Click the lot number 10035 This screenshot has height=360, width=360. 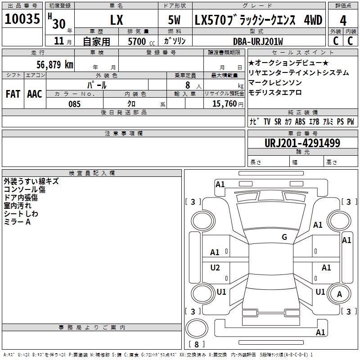(x=22, y=18)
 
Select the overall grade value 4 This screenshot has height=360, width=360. (x=343, y=20)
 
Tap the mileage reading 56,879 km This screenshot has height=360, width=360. (x=55, y=65)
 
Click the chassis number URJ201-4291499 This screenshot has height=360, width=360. (x=302, y=143)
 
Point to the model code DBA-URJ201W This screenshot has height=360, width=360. (x=258, y=41)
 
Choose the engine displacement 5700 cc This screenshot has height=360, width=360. (x=141, y=41)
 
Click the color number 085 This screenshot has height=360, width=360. (x=74, y=104)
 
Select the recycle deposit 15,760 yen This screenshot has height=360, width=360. (x=228, y=104)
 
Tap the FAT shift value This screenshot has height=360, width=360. (x=13, y=94)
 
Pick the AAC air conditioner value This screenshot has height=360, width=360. (x=35, y=94)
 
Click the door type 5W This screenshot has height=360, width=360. (x=174, y=20)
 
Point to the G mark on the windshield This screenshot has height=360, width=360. (x=284, y=237)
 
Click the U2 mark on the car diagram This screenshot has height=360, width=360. (x=215, y=267)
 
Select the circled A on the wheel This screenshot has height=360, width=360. (x=339, y=294)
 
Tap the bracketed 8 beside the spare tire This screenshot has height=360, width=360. (x=197, y=344)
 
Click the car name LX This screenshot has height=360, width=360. (x=117, y=20)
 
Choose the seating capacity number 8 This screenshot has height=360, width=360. (x=188, y=85)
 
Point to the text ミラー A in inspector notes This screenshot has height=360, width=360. (x=17, y=222)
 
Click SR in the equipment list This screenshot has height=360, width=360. (x=278, y=121)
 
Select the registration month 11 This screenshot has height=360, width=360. (x=59, y=41)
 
